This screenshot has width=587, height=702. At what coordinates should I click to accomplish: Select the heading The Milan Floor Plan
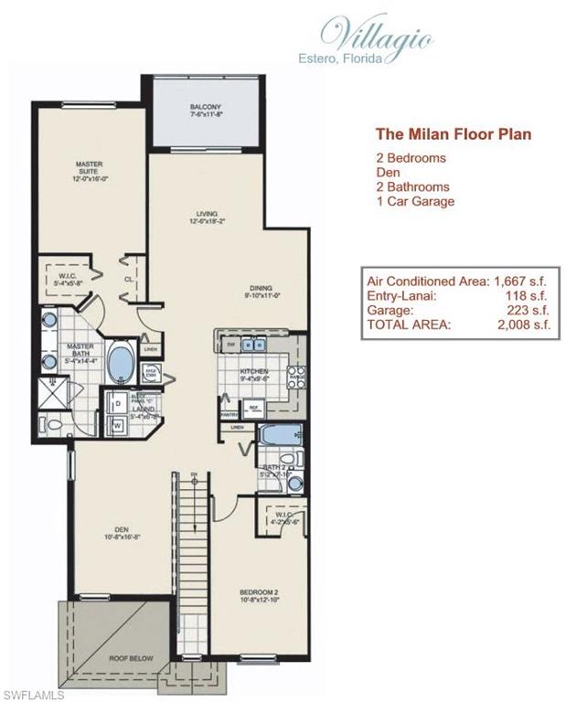click(x=454, y=133)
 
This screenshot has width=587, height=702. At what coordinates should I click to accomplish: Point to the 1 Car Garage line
click(x=415, y=201)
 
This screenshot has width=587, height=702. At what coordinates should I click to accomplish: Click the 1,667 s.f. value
click(x=524, y=280)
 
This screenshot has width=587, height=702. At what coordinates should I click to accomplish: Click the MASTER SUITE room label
click(x=89, y=170)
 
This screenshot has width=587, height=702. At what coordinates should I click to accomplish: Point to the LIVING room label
click(x=206, y=216)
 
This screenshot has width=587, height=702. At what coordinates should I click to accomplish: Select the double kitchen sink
click(x=252, y=344)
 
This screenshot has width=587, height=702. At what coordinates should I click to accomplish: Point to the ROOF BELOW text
click(x=133, y=658)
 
